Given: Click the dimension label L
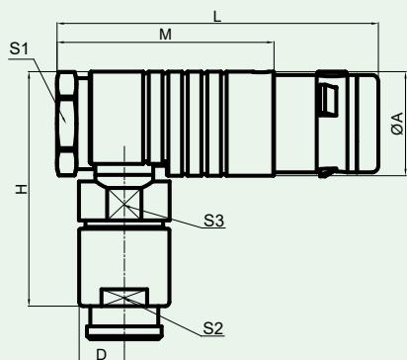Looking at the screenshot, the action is [x=217, y=17].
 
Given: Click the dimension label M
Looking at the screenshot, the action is [x=165, y=35].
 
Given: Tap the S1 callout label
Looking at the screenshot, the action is [x=19, y=48].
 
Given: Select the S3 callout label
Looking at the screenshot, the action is [x=214, y=221].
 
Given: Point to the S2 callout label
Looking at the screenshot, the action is [x=213, y=328].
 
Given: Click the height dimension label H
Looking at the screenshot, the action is [x=22, y=189].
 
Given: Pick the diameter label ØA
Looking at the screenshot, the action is [x=397, y=124].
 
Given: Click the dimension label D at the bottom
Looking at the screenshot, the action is [x=102, y=354].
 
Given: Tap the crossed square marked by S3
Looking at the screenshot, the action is [x=124, y=205].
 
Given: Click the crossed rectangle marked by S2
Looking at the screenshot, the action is [x=124, y=297].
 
